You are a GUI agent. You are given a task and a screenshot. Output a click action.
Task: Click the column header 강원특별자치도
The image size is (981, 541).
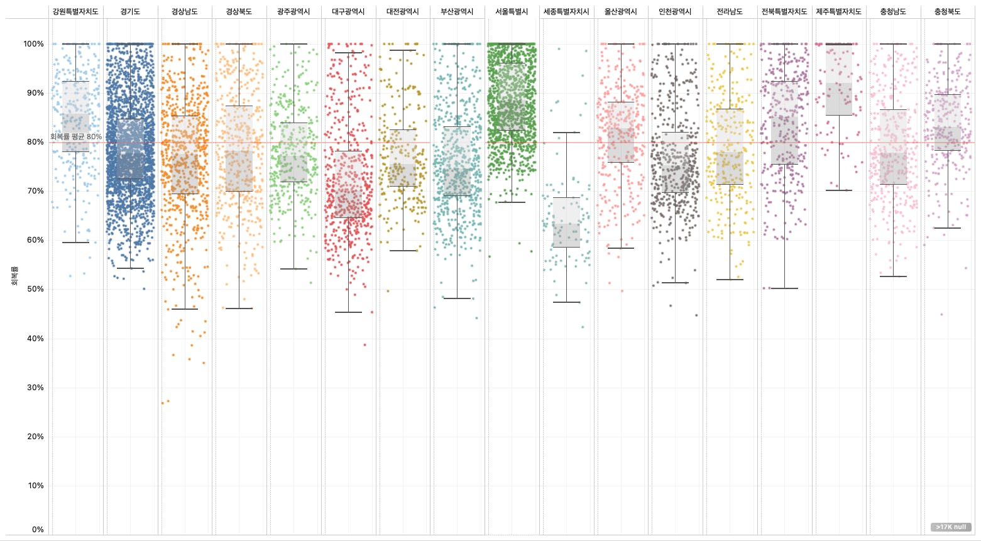click(x=75, y=12)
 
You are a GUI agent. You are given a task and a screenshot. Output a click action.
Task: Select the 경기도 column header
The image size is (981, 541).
click(x=130, y=12)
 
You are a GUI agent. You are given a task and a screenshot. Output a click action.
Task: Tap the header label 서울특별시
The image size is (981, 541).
click(x=512, y=12)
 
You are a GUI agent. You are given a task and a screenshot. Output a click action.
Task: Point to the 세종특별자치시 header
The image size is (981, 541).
click(x=566, y=12)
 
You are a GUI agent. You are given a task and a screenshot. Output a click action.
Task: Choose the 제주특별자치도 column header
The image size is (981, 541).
click(x=838, y=12)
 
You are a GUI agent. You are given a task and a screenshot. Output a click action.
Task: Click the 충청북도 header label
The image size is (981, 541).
click(x=947, y=12)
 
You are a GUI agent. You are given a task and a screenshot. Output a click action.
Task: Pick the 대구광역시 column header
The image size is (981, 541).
click(x=348, y=12)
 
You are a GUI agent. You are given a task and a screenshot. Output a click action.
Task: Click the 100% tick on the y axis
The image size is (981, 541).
click(x=34, y=44)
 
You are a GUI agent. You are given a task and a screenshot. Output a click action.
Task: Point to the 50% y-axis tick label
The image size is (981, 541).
click(x=34, y=289)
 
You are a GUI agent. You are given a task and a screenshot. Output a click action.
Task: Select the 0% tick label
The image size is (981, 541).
click(x=38, y=530)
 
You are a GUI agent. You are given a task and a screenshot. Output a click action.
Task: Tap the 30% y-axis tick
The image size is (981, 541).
click(x=34, y=388)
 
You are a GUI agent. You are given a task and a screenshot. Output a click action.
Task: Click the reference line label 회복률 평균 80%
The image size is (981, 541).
click(x=76, y=136)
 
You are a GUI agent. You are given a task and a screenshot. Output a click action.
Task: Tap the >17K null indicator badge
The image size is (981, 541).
click(x=950, y=527)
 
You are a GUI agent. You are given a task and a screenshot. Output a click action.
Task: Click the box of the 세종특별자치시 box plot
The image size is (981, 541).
click(x=566, y=222)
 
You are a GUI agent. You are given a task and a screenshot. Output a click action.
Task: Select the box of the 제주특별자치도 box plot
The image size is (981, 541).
click(x=838, y=80)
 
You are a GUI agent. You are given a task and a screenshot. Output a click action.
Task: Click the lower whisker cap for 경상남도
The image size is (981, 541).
click(x=185, y=309)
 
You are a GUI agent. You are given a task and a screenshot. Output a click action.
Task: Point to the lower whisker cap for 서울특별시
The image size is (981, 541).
click(x=512, y=202)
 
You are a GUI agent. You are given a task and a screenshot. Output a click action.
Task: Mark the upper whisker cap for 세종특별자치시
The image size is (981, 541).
click(x=566, y=133)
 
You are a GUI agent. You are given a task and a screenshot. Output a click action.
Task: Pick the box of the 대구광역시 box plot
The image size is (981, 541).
click(x=348, y=184)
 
